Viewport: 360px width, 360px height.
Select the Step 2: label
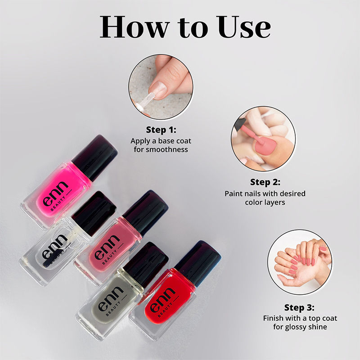coord(265,183)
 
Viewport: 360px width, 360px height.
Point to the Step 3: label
coord(300,308)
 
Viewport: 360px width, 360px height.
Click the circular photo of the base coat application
coord(161,85)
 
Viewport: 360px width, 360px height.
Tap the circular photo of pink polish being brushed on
coord(263,139)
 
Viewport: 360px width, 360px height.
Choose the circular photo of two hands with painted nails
coord(299,262)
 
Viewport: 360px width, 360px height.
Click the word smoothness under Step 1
coord(161,149)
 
